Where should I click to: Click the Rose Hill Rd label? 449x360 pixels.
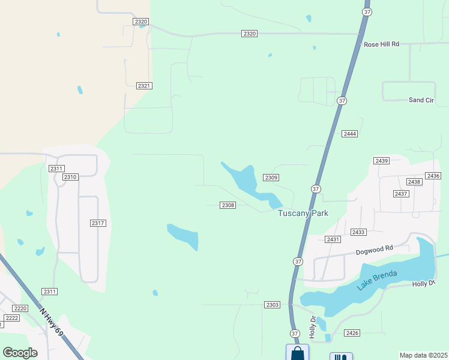point(381,44)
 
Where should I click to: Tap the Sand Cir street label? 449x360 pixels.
point(421,100)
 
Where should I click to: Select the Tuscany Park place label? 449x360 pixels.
point(303,213)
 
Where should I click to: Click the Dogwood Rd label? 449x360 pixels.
point(373,248)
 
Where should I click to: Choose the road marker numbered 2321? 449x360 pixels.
point(144,86)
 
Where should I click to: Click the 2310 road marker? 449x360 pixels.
point(70,177)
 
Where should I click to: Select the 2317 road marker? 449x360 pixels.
point(98,223)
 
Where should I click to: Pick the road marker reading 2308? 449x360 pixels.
point(228,205)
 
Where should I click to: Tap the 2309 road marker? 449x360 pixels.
point(271,178)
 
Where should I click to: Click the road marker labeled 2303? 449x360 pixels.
point(272,305)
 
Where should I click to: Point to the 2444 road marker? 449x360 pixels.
point(350,133)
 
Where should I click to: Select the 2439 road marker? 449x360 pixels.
point(381,161)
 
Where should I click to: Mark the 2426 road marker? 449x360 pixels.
point(352,333)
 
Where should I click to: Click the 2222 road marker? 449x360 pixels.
point(11,317)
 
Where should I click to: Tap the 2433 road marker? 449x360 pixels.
point(359,232)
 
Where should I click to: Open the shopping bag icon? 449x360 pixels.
point(297,353)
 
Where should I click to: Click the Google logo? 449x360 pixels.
point(20,353)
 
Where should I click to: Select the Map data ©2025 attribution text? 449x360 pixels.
point(423,355)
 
